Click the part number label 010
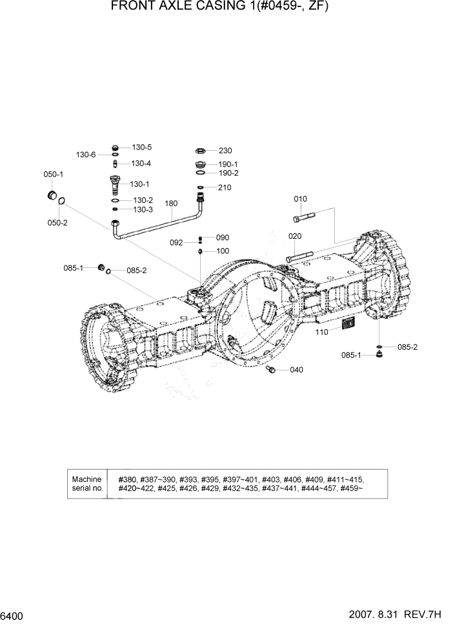pos(301,199)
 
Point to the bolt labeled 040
pos(272,369)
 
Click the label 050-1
pos(53,175)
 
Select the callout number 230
pos(225,151)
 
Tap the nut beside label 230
pos(201,150)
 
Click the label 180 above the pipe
pos(171,204)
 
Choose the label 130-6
pos(86,155)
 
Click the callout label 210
pos(225,187)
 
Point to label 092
pos(177,243)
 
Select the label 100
pos(223,251)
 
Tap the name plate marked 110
pos(348,325)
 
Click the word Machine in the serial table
pos(87,479)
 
